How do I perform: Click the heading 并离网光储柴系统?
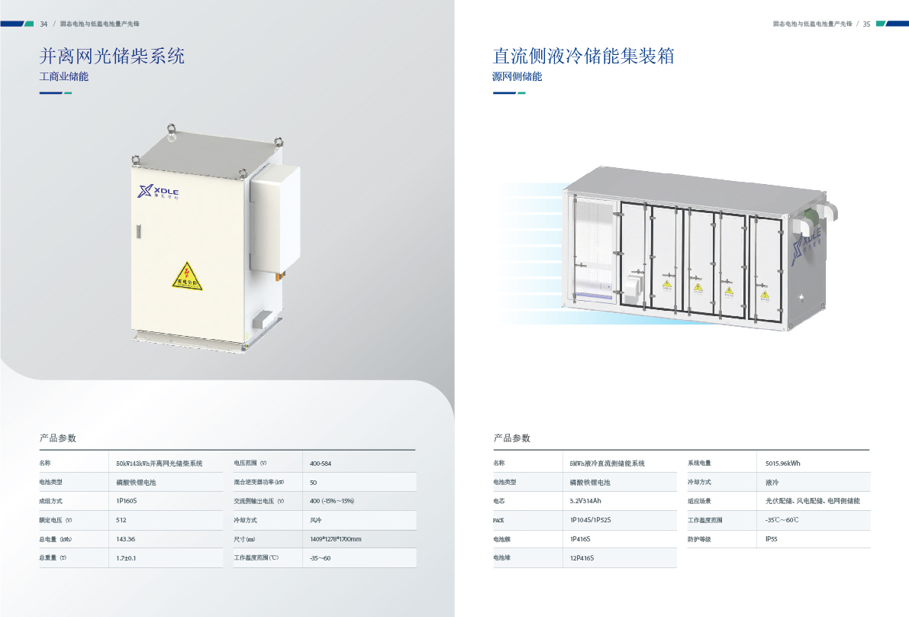112,56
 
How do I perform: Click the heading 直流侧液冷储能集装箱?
584,56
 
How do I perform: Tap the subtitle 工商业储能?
64,76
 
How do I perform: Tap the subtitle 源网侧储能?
517,76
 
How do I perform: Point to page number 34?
44,24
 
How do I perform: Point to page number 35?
866,24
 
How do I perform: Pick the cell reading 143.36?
126,539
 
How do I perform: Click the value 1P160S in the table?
127,501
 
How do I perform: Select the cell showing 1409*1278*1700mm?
336,539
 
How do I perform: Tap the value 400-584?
321,464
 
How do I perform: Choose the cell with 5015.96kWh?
783,464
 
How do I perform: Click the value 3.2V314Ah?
586,501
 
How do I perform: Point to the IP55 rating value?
772,539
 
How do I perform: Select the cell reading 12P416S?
582,558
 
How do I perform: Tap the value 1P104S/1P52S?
591,520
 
